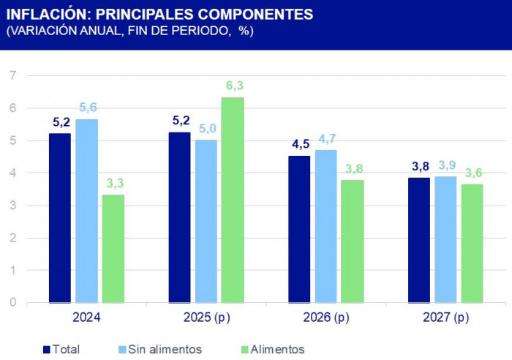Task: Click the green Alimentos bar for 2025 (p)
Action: (x=233, y=200)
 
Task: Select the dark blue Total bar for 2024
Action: (x=60, y=218)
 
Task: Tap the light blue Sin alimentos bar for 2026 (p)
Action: (x=325, y=226)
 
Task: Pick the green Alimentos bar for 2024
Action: (x=113, y=249)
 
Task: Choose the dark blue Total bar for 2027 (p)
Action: (x=419, y=240)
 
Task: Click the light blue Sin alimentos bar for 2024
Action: (x=86, y=211)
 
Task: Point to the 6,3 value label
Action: (x=234, y=86)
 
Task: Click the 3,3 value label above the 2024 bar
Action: (x=113, y=184)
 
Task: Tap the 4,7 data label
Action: (x=326, y=139)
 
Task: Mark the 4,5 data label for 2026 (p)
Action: (x=301, y=144)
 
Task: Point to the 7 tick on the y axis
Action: (x=12, y=75)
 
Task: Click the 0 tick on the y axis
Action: (x=12, y=302)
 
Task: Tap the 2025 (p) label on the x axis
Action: (x=206, y=318)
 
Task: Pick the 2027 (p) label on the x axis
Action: (x=445, y=318)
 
